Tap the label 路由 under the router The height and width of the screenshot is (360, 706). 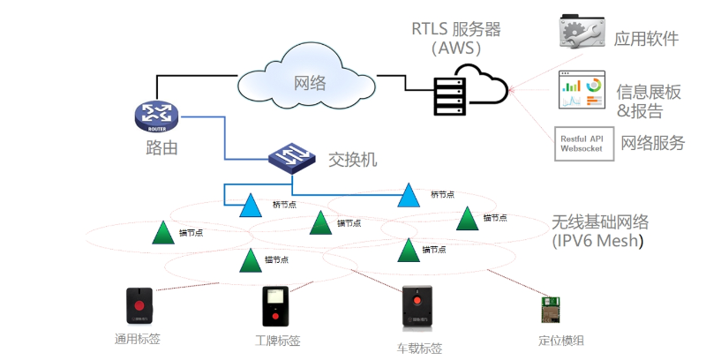161,147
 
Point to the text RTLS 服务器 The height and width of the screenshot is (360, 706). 455,29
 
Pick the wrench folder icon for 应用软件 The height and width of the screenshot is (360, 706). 582,31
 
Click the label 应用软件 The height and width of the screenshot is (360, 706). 647,38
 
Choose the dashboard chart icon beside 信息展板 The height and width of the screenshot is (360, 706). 582,91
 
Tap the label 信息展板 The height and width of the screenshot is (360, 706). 650,91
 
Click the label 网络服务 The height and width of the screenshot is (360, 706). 653,143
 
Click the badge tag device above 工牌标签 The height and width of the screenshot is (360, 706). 275,306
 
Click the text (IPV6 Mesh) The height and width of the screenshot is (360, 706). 597,240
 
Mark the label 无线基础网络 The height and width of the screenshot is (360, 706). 600,221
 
